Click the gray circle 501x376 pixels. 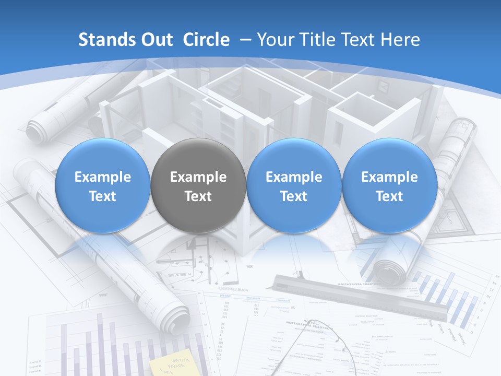click(198, 185)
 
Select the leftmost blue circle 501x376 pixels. click(102, 185)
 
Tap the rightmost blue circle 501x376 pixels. click(389, 185)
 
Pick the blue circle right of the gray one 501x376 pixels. click(294, 185)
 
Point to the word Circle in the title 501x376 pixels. click(206, 40)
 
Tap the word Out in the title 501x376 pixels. click(156, 40)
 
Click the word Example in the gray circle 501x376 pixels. click(198, 177)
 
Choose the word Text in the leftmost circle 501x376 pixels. click(102, 196)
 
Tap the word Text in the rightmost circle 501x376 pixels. click(389, 196)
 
